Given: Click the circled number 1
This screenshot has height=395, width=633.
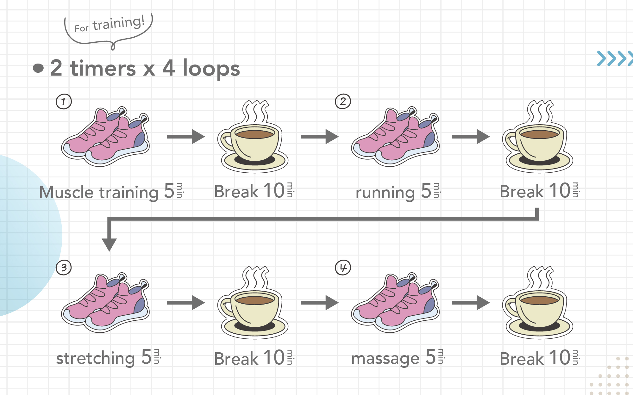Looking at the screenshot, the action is (64, 102).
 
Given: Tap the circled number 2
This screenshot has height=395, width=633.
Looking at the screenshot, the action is (343, 102).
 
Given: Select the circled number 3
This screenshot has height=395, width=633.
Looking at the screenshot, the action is (64, 268).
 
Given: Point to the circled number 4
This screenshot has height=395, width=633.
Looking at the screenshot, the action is (343, 268).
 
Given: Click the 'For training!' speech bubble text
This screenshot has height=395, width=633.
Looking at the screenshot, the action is (109, 24).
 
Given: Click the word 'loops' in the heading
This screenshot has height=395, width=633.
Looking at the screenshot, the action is (211, 68).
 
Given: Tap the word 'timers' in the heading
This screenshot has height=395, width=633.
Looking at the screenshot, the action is (103, 68).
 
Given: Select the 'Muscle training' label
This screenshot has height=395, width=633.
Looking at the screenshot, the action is (99, 192).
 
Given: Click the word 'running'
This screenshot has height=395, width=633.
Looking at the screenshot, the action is (385, 192).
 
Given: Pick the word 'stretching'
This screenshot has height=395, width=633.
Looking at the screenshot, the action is (96, 358).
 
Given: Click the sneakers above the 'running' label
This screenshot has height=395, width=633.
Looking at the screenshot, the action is (396, 137).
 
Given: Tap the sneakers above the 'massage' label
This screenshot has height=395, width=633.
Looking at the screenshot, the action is (396, 303).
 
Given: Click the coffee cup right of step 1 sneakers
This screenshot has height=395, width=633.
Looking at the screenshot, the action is (253, 137).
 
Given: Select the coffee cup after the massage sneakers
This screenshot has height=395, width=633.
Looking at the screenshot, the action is (538, 303).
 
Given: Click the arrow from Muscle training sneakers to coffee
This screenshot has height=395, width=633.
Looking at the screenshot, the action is (186, 137).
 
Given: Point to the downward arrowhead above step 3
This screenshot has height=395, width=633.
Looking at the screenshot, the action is (109, 245).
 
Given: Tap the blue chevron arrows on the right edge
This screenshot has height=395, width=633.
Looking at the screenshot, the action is (615, 59).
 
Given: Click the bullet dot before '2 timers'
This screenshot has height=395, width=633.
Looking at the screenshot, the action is (38, 68).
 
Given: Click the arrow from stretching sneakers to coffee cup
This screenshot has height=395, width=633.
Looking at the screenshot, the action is (186, 303).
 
